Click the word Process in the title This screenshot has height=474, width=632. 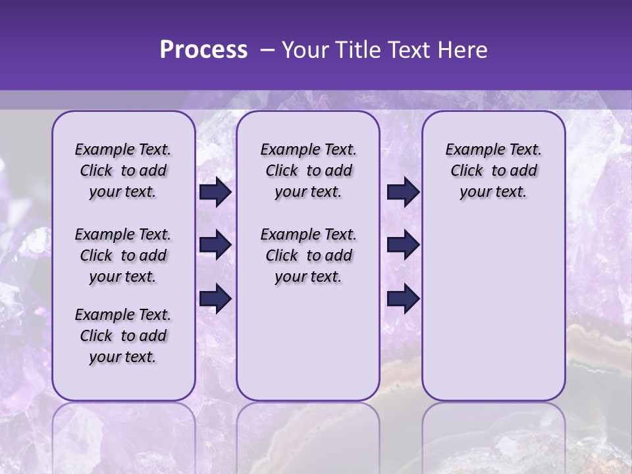click(203, 50)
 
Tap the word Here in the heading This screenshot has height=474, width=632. click(461, 50)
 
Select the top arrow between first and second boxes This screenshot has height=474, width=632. click(215, 192)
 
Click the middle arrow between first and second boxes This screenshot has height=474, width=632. click(215, 245)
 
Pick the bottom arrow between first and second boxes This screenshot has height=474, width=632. click(215, 299)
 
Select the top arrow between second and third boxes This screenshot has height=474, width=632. click(403, 192)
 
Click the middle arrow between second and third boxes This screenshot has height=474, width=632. click(403, 245)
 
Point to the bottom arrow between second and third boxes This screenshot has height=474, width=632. click(403, 299)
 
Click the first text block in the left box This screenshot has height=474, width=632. click(123, 171)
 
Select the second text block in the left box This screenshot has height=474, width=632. click(123, 255)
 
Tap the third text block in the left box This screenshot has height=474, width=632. click(123, 336)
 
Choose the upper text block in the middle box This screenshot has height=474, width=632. click(308, 171)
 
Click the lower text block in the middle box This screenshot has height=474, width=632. click(308, 255)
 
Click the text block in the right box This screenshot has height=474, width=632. click(493, 171)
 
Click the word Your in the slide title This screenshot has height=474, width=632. click(305, 50)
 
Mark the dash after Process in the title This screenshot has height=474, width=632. click(267, 51)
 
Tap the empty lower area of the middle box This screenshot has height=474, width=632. click(308, 342)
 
